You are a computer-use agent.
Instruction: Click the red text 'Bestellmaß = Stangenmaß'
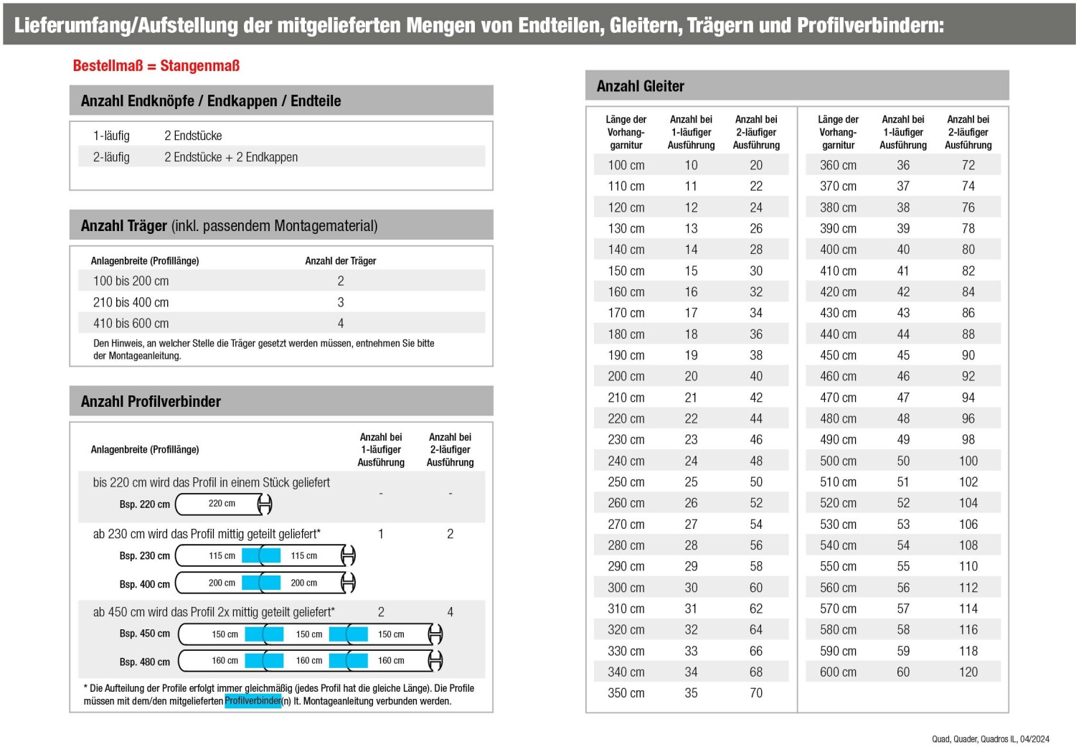tap(156, 66)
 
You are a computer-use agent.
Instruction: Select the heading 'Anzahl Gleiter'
tap(641, 86)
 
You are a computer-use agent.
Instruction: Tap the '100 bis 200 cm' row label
tap(131, 281)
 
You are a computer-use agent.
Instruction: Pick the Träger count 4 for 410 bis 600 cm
tap(341, 324)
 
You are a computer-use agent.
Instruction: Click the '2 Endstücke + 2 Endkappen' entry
tap(231, 157)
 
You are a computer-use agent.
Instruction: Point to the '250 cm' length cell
tap(626, 482)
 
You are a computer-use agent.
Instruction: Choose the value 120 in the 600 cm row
tap(968, 672)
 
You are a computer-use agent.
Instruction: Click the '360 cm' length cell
tap(838, 165)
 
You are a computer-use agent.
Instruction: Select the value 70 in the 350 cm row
tap(756, 693)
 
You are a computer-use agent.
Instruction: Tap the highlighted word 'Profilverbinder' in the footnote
tap(253, 701)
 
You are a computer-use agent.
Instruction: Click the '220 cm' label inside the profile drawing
tap(222, 504)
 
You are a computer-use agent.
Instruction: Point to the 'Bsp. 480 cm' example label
tap(145, 662)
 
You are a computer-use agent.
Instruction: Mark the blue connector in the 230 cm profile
tap(261, 555)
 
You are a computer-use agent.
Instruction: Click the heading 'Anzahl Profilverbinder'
tap(151, 402)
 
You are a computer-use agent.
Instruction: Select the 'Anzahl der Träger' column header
tap(341, 261)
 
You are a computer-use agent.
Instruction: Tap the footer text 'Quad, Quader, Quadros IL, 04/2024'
tap(990, 739)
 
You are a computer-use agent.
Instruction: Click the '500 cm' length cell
tap(838, 461)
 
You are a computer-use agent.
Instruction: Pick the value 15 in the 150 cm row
tap(691, 271)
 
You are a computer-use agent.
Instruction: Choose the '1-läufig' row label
tap(111, 136)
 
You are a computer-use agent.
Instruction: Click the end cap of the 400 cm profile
tap(349, 583)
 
